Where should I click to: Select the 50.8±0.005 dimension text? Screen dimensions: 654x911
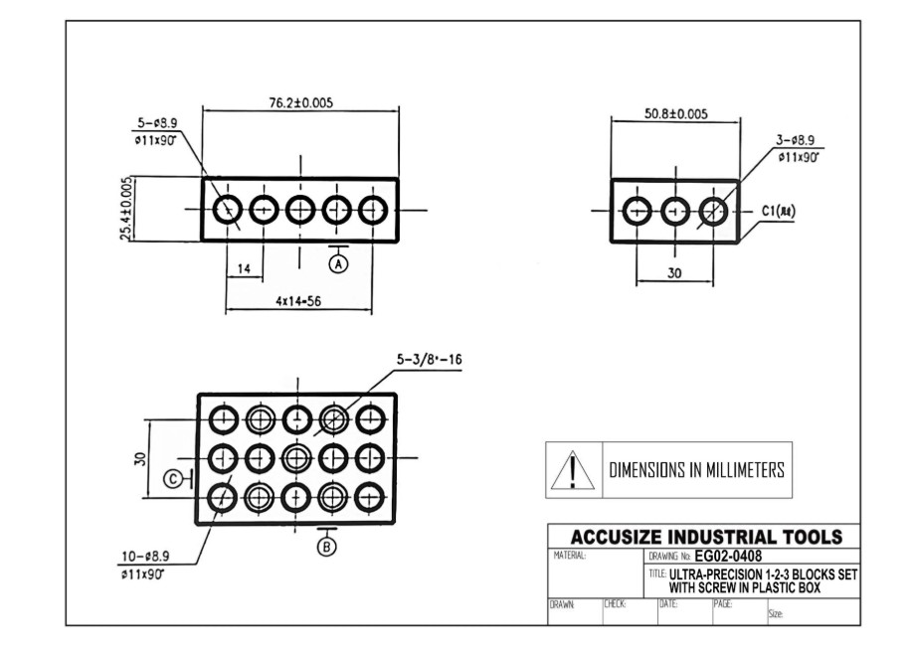[675, 114]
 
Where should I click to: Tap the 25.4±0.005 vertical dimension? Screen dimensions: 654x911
[126, 209]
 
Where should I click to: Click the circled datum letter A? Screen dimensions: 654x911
[338, 263]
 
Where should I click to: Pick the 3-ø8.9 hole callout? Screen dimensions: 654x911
[803, 141]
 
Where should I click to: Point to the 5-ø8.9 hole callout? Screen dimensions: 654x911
[154, 124]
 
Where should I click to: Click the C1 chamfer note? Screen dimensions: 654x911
[782, 211]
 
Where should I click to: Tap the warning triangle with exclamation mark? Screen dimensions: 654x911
[572, 470]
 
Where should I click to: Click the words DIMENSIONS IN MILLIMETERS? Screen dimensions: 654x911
[696, 470]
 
